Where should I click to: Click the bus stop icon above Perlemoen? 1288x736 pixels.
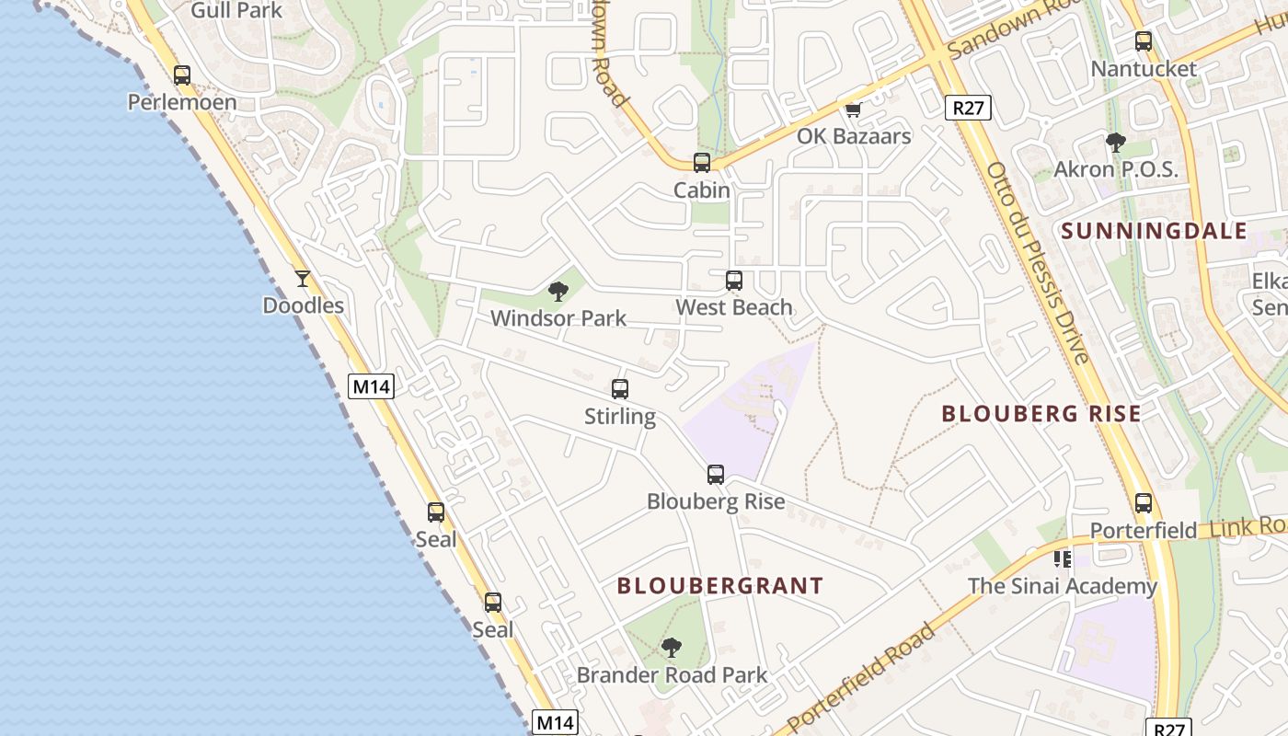coord(182,75)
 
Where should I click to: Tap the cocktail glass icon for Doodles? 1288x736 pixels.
coord(303,278)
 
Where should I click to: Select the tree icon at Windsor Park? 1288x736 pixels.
coord(558,293)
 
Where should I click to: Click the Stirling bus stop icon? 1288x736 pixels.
coord(620,389)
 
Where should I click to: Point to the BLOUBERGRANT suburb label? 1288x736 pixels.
coord(719,586)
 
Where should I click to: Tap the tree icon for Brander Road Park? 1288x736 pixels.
coord(672,648)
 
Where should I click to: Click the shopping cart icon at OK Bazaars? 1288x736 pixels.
coord(853,110)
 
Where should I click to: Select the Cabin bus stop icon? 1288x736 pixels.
coord(702,163)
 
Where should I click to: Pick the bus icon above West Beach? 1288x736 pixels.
coord(734,281)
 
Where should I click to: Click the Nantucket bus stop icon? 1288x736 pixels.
coord(1144,41)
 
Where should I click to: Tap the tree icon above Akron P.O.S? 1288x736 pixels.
coord(1116,143)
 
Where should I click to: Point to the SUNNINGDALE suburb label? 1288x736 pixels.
coord(1155,231)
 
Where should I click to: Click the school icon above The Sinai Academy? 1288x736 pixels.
coord(1063,558)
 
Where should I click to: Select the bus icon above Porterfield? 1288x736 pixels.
coord(1144,503)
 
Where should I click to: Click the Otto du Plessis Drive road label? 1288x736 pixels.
coord(1038,262)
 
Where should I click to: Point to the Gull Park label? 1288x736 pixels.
coord(236,11)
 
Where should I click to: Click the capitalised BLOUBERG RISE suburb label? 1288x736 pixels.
coord(1041,414)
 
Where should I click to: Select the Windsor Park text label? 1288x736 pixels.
coord(558,318)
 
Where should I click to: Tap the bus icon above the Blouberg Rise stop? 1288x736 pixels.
coord(716,475)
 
